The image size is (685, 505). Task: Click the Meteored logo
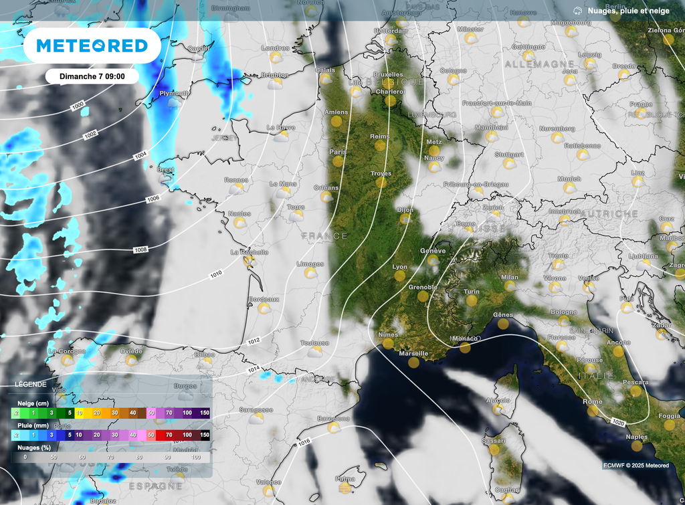pyautogui.click(x=92, y=45)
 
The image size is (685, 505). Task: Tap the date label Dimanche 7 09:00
pyautogui.click(x=92, y=76)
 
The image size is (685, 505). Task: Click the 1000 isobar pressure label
pyautogui.click(x=78, y=106)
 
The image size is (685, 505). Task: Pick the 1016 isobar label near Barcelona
pyautogui.click(x=305, y=443)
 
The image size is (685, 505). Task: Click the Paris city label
pyautogui.click(x=338, y=152)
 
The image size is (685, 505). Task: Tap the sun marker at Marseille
pyautogui.click(x=413, y=363)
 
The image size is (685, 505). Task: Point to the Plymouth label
pyautogui.click(x=174, y=94)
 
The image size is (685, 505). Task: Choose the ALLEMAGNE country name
pyautogui.click(x=534, y=64)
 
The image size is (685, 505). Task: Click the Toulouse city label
pyautogui.click(x=314, y=342)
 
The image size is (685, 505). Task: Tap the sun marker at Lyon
pyautogui.click(x=400, y=275)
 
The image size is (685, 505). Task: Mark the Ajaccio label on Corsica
pyautogui.click(x=497, y=400)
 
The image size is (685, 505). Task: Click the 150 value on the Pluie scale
pyautogui.click(x=205, y=435)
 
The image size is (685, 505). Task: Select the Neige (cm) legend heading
pyautogui.click(x=31, y=404)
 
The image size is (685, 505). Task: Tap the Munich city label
pyautogui.click(x=569, y=179)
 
